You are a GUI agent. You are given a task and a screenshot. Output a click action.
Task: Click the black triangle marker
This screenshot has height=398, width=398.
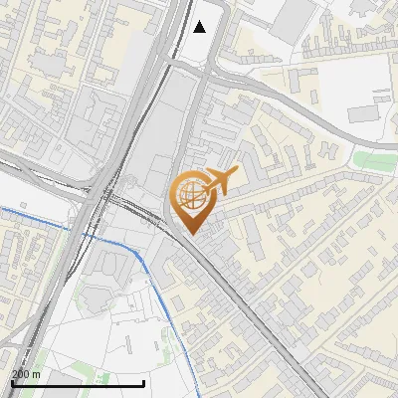click(200, 27)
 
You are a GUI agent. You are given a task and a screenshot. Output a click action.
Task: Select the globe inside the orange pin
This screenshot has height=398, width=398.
click(191, 193)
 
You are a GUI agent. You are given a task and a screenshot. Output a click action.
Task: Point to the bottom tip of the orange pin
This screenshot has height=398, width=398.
click(191, 234)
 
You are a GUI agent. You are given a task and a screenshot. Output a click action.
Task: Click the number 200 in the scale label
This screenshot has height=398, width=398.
click(21, 374)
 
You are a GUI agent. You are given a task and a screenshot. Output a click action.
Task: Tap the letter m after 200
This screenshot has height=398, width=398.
click(37, 374)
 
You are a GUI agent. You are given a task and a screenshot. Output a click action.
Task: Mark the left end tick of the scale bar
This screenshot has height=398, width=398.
click(12, 382)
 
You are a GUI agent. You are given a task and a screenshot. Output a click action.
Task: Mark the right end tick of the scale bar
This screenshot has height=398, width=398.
click(144, 382)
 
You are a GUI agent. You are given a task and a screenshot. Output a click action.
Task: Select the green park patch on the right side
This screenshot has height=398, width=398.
click(375, 160)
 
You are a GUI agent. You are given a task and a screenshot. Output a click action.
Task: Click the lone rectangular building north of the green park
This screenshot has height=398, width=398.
click(363, 113)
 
